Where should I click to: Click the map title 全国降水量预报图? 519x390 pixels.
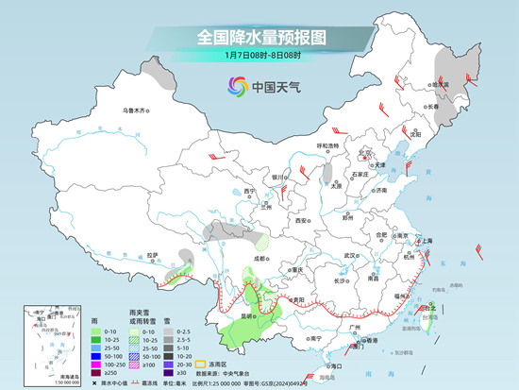click(259, 37)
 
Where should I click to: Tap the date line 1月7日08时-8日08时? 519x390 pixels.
click(259, 56)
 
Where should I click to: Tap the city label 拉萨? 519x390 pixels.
click(152, 254)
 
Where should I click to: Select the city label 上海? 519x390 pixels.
click(427, 241)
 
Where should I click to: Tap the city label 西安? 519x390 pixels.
click(301, 219)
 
